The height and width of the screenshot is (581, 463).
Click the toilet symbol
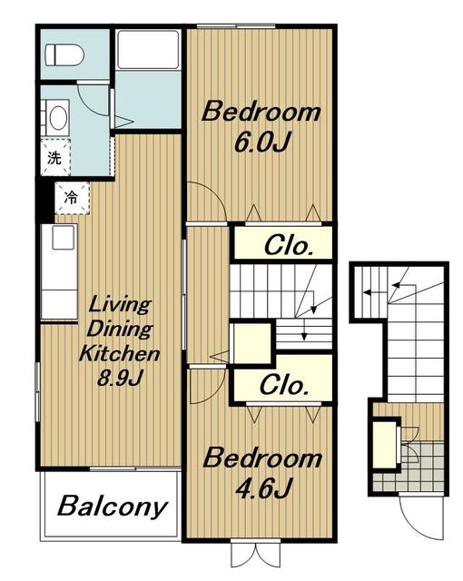[64, 55]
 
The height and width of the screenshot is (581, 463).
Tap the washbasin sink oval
[58, 118]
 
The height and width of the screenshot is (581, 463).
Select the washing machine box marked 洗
[55, 158]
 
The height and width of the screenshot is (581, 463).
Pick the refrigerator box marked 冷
[73, 198]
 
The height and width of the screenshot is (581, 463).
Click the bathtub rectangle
[148, 49]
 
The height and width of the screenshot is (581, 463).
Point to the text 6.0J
[261, 142]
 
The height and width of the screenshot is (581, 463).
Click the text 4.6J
[263, 488]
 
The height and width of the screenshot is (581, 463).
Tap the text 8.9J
[120, 378]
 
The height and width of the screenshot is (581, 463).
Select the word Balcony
[113, 507]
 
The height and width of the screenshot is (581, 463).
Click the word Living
[120, 305]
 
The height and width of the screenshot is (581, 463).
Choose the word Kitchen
[119, 353]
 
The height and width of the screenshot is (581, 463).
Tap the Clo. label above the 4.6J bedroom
[284, 385]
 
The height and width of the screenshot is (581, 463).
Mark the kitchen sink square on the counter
[64, 237]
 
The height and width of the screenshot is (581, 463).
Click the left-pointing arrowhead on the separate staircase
[368, 292]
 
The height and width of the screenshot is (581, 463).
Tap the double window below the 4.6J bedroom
[256, 553]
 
